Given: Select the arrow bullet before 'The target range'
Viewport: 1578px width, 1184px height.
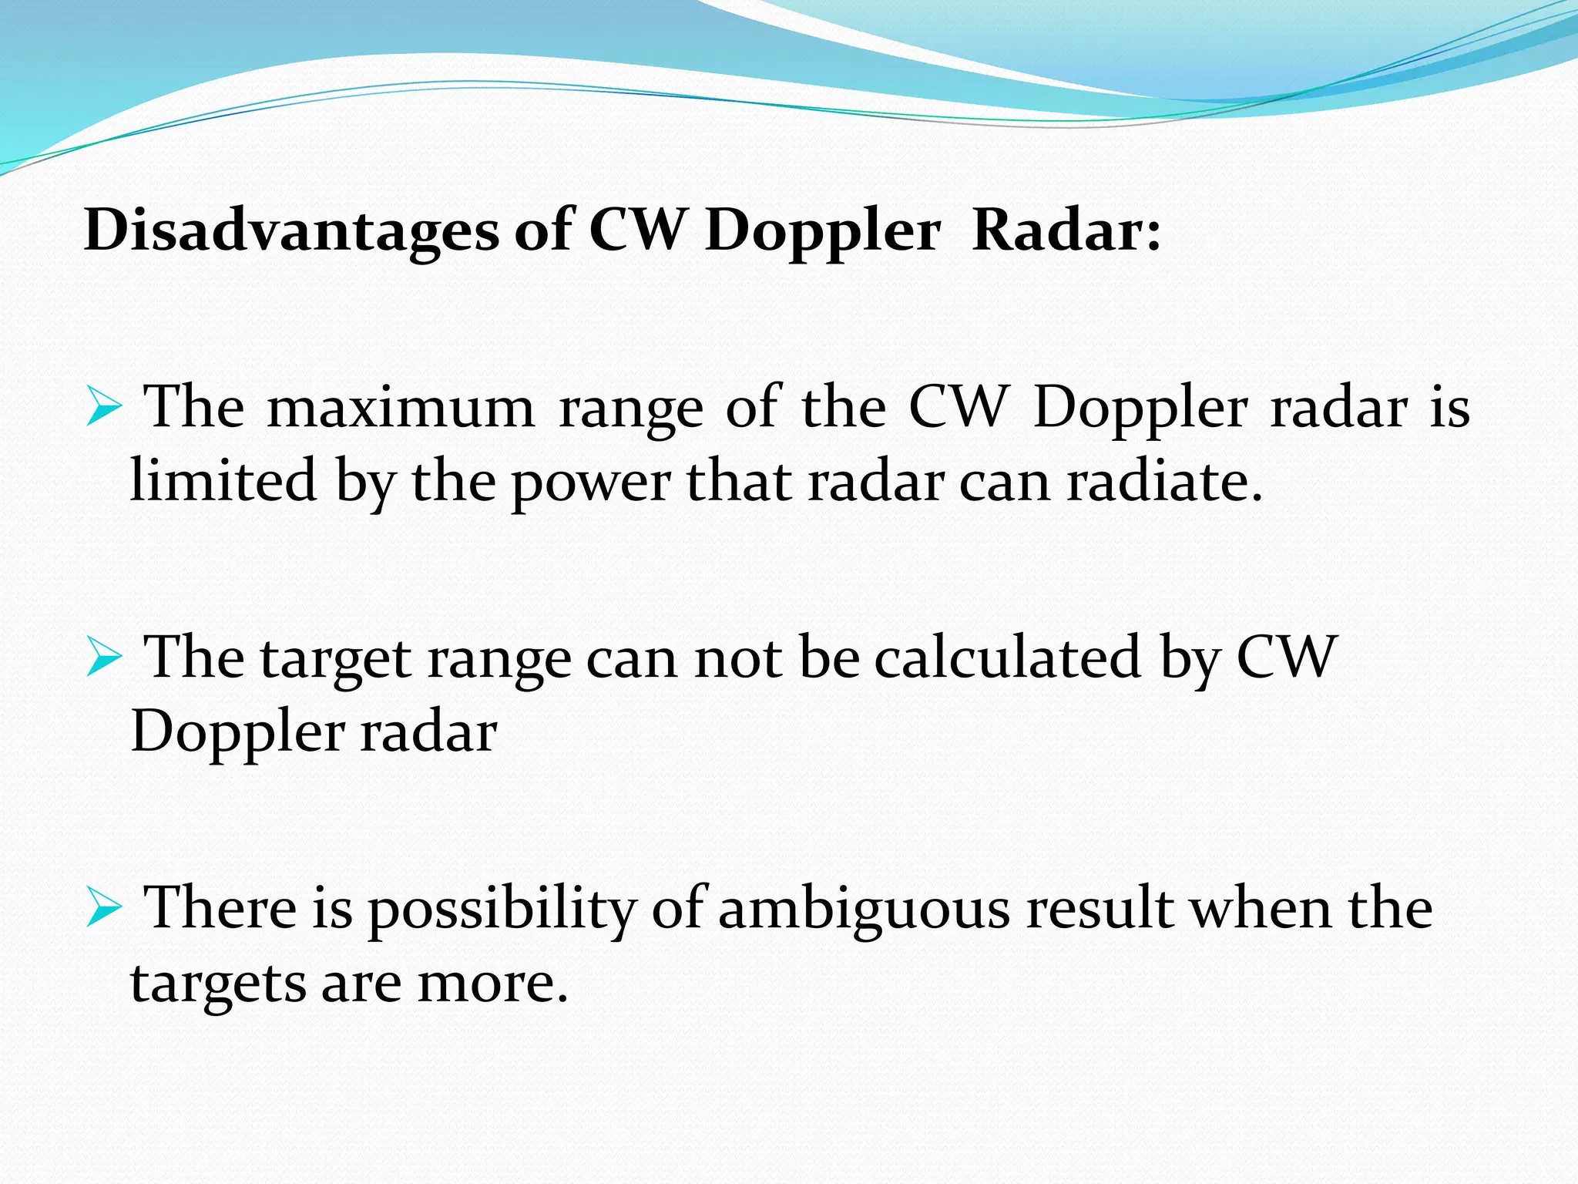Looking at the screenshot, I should [x=104, y=658].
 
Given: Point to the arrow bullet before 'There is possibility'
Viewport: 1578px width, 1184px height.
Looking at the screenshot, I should [x=104, y=907].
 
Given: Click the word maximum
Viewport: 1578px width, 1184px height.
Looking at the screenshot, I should [x=400, y=409].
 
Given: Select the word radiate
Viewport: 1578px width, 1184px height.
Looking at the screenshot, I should [x=1164, y=481].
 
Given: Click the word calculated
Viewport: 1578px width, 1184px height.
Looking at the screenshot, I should [x=1007, y=658].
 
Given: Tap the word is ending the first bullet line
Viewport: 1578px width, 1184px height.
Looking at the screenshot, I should [x=1449, y=407].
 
